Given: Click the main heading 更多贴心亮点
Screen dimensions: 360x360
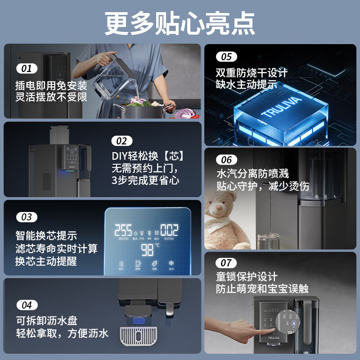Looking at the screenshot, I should pos(180,22).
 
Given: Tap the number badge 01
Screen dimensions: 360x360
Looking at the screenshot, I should pos(27,69).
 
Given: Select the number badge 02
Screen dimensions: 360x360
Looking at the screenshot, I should pos(121,141).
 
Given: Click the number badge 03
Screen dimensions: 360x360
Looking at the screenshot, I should pos(27,217).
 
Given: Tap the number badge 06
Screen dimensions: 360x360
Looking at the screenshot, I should pos(227,160).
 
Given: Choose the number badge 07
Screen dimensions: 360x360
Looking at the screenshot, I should pos(226,263).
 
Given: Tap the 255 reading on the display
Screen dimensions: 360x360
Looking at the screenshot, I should pos(123,230).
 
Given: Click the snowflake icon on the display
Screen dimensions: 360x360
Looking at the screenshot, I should pos(171,264).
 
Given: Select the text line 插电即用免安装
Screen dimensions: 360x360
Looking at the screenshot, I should pos(51,85).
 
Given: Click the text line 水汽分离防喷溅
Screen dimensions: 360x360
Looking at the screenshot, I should pos(252,174).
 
